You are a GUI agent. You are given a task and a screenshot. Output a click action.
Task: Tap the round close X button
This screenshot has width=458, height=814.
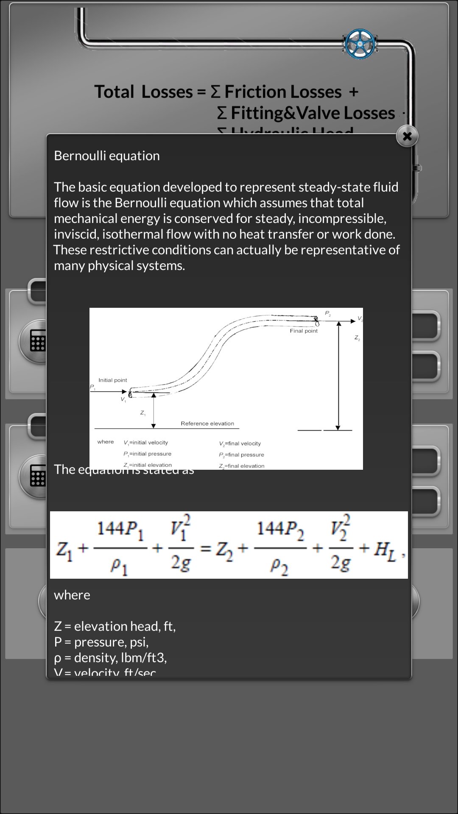407,136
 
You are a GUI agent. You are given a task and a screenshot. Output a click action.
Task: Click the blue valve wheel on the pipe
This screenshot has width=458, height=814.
360,44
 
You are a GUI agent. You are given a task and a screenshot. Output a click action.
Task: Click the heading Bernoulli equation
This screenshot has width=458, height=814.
107,156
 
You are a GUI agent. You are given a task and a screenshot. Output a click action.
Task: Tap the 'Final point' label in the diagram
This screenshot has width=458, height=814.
304,331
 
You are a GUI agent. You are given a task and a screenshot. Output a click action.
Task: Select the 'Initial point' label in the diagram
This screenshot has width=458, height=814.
112,380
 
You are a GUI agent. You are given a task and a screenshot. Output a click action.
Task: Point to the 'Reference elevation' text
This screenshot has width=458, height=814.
207,423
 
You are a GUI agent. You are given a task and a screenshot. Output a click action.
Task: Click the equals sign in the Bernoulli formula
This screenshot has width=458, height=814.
206,548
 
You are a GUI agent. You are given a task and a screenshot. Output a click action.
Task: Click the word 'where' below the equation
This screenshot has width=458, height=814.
72,595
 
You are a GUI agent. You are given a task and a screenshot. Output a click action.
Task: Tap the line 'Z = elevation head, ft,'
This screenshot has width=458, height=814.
114,626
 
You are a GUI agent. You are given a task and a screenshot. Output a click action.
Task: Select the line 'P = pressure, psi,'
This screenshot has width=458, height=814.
101,642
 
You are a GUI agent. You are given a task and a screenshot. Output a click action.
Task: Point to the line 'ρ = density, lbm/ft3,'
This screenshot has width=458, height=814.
110,658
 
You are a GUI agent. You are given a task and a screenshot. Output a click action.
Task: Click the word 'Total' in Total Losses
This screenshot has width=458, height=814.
114,92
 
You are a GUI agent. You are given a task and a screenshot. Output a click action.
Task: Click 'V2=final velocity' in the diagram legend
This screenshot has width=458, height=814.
240,443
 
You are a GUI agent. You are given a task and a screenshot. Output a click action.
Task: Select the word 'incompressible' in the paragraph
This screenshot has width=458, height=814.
343,218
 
